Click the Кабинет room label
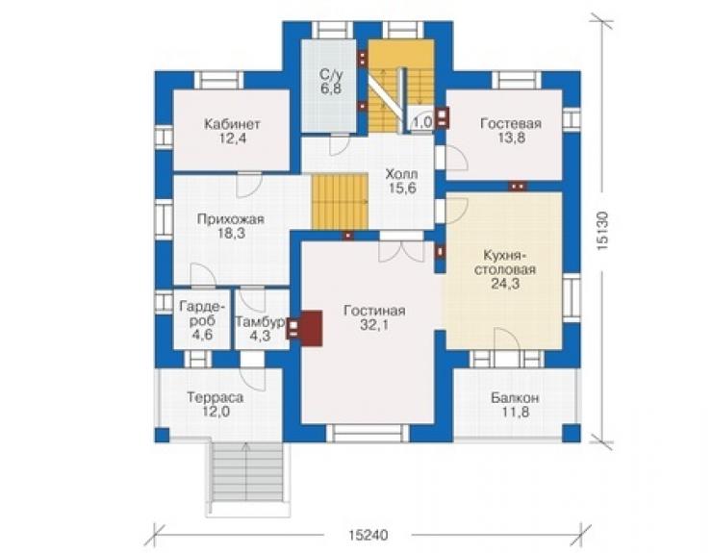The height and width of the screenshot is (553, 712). coord(232,124)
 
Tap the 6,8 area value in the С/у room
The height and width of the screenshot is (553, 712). coord(331,88)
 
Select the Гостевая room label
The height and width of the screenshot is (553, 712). coord(511,123)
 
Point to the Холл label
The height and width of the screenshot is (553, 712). coord(401,174)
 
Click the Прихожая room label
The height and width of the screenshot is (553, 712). coord(230,219)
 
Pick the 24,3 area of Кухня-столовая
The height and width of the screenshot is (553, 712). coord(505,284)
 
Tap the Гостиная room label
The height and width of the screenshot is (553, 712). coord(374,311)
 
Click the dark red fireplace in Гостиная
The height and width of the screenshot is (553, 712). coord(311,328)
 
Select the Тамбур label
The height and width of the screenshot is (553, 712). coord(260,322)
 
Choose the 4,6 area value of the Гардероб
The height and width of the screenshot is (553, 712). coord(202,335)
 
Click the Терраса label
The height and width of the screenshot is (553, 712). coord(216,398)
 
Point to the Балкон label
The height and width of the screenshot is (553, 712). coord(515,398)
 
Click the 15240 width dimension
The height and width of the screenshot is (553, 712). coord(369,536)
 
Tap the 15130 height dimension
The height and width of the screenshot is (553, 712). coord(602,232)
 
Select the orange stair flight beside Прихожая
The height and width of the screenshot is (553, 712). coord(340,202)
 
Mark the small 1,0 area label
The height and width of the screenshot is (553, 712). coord(421,122)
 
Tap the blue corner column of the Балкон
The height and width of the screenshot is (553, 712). coord(572,433)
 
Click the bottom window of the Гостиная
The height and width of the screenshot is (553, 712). coord(368,433)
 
